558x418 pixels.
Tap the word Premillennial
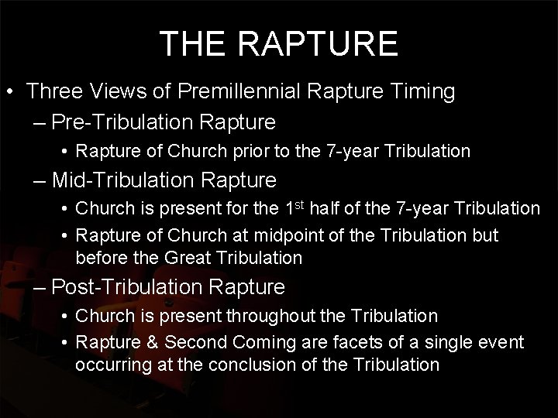coord(241,92)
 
